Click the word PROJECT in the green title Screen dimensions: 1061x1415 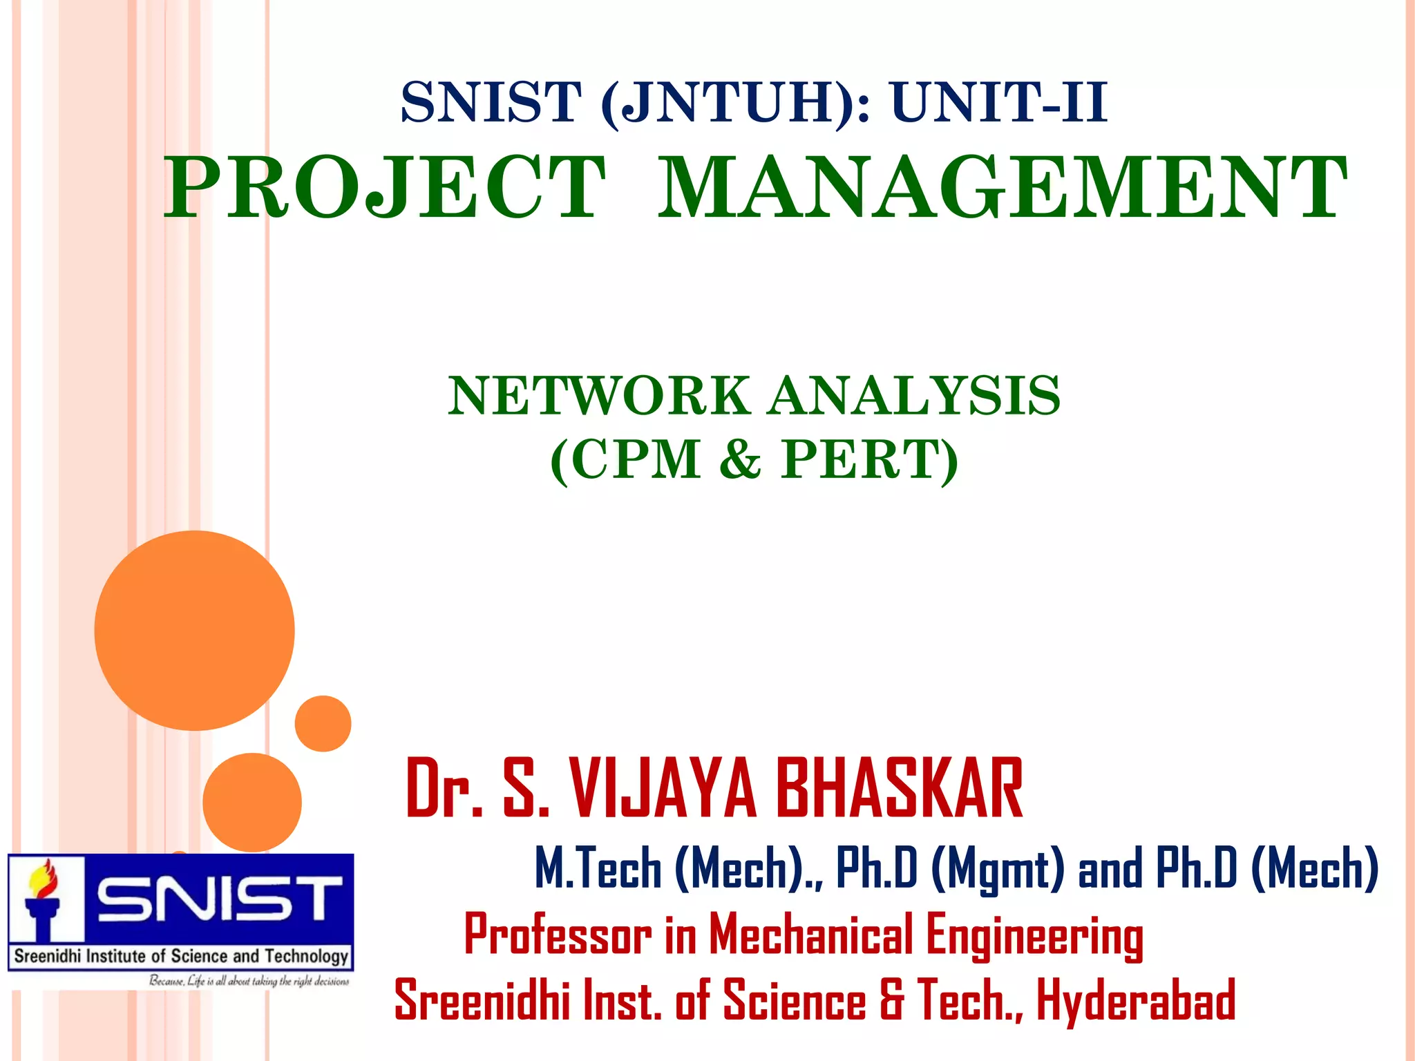click(384, 188)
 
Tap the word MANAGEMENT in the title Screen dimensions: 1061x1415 click(1002, 188)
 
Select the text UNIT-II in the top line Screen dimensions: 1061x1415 click(999, 102)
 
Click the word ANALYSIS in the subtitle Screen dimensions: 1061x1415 click(915, 396)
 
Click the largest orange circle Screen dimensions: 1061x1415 click(195, 630)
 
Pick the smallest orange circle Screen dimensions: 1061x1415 click(323, 723)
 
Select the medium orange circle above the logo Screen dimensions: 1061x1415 click(252, 801)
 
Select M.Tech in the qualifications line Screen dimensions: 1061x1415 click(598, 868)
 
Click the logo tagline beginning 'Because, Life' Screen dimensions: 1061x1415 click(249, 982)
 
